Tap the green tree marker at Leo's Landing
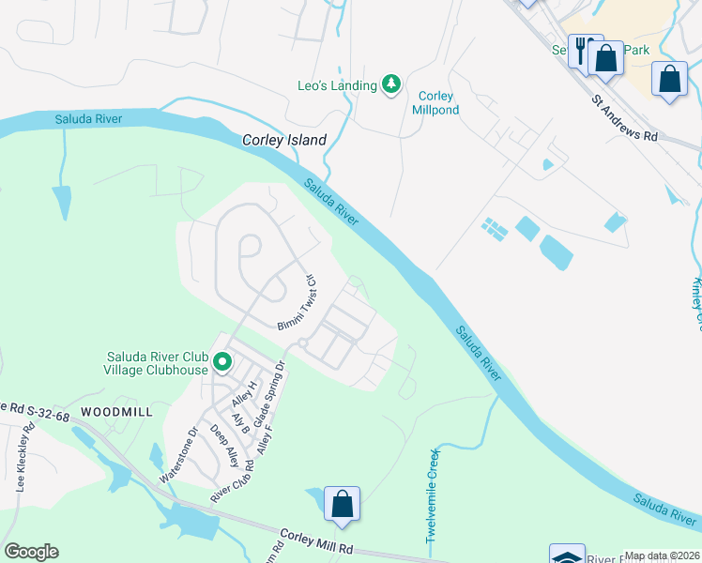[391, 85]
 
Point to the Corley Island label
[284, 140]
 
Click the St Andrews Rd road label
[624, 117]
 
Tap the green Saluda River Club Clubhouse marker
[222, 361]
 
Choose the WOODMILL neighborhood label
[116, 412]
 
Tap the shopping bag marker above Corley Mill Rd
[343, 503]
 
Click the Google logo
[31, 552]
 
